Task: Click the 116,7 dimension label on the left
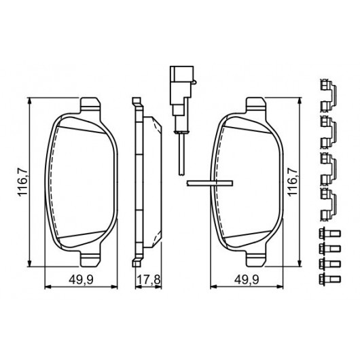(23, 182)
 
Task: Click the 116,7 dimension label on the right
(293, 182)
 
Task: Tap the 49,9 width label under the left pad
(82, 279)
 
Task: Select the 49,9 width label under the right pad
(247, 279)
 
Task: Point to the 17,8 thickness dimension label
(148, 279)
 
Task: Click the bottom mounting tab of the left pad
(90, 259)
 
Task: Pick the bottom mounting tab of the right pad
(256, 259)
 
